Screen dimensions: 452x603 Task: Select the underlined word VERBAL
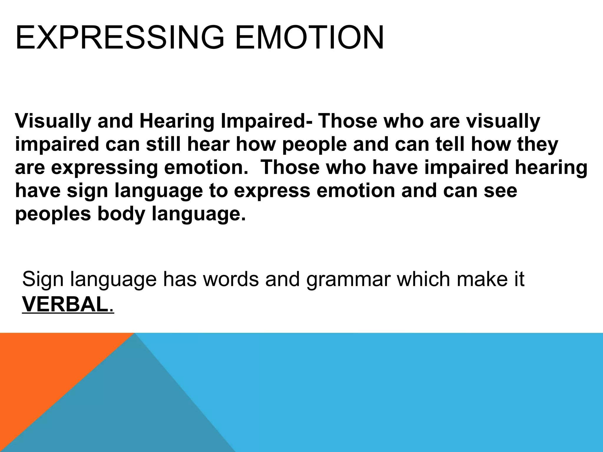[x=64, y=305]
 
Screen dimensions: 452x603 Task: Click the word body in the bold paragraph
[x=121, y=214]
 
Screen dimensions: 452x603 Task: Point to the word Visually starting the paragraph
[x=53, y=121]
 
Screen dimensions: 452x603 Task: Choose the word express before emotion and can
[x=272, y=191]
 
